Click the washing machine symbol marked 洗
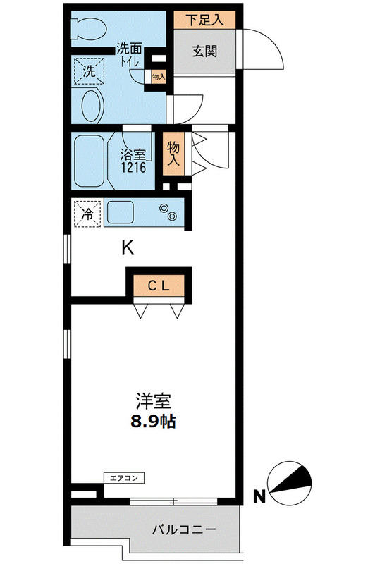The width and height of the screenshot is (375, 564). (90, 70)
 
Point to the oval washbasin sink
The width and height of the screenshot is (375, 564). (92, 106)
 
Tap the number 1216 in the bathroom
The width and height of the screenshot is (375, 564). (134, 168)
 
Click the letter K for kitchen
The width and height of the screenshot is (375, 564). (128, 247)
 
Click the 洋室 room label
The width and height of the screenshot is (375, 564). (154, 403)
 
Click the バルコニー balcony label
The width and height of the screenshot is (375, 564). (183, 529)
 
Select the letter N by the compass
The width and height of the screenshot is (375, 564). (259, 498)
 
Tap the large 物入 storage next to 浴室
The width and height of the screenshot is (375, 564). (173, 153)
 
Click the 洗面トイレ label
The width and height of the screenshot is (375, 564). (130, 54)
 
